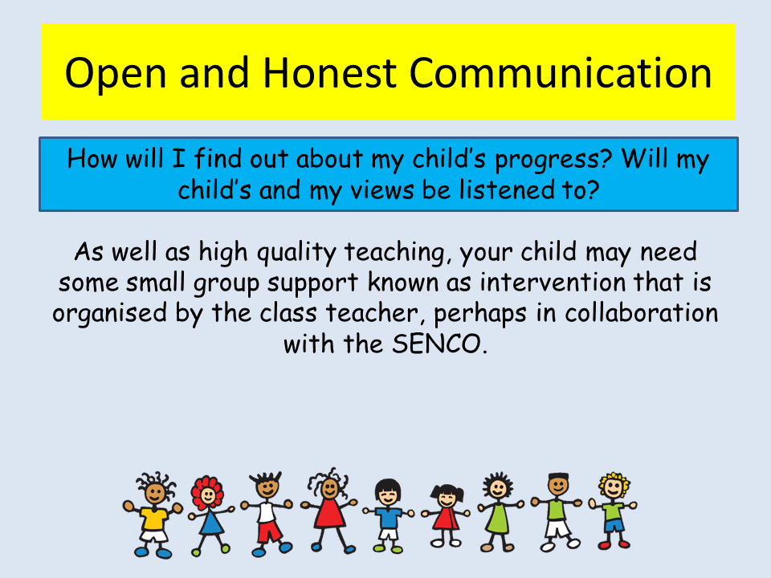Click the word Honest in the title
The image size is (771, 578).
point(329,73)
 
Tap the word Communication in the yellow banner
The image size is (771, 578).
point(561,73)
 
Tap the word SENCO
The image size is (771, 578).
point(436,344)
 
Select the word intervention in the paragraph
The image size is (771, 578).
point(553,282)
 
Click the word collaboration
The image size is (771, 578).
point(641,313)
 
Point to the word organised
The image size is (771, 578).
point(110,315)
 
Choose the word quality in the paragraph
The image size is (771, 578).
point(296,254)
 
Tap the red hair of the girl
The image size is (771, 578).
point(207,491)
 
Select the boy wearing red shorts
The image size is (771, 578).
point(267,514)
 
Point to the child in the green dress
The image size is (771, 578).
point(499,512)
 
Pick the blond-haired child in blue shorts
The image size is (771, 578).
point(613,511)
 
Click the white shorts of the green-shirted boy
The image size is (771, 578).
point(558,529)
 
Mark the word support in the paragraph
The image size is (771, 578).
point(312,283)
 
